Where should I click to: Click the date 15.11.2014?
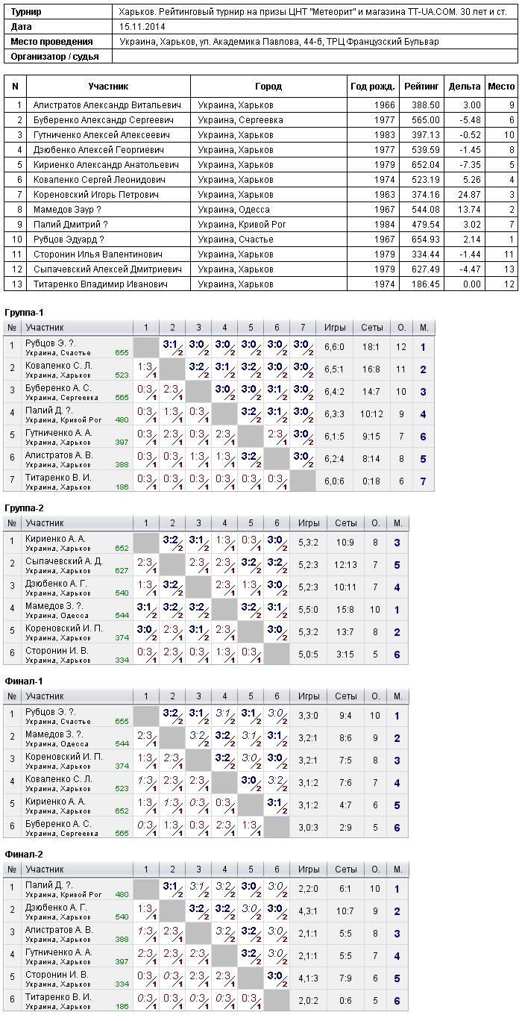(x=142, y=27)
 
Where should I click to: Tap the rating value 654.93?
(x=426, y=240)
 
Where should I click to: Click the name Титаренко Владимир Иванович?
(x=100, y=284)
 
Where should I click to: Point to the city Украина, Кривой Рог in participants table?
(x=242, y=224)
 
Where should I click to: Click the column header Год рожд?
(x=373, y=86)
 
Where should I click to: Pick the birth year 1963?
(x=385, y=195)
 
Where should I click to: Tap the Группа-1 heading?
(x=24, y=313)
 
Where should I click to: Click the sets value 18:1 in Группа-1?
(x=371, y=347)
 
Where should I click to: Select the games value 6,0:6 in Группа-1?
(x=334, y=481)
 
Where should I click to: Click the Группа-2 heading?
(x=24, y=508)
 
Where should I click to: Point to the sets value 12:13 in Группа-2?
(x=345, y=565)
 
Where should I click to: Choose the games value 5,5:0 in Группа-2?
(x=309, y=610)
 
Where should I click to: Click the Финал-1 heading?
(x=24, y=681)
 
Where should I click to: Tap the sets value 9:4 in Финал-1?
(x=345, y=716)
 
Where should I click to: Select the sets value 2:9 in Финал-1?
(x=345, y=827)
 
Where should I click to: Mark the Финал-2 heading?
(x=24, y=855)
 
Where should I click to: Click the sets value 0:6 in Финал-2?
(x=345, y=1001)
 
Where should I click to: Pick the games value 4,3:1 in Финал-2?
(x=309, y=911)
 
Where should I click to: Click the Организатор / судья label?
(x=54, y=57)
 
